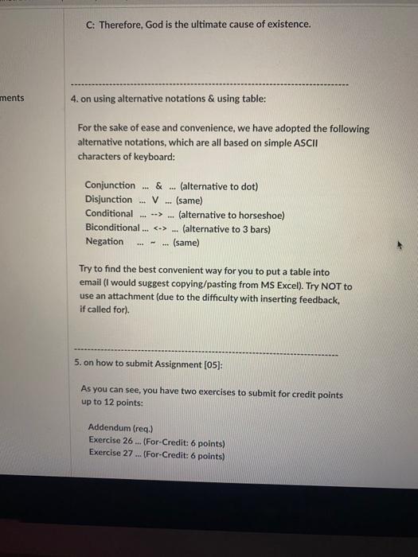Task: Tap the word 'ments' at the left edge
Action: (x=12, y=98)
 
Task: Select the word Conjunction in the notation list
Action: (x=110, y=186)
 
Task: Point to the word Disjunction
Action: (x=109, y=200)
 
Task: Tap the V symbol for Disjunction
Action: (x=156, y=200)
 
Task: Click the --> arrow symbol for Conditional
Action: (x=157, y=214)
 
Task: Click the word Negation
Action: (x=104, y=241)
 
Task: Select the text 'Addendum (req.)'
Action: (x=119, y=427)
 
